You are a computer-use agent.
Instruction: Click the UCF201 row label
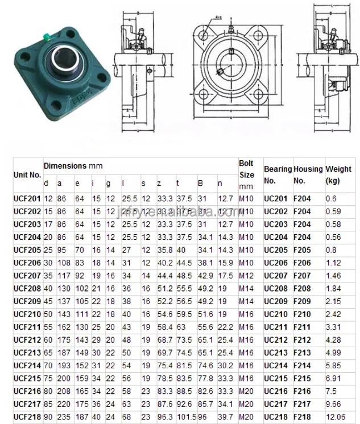click(26, 198)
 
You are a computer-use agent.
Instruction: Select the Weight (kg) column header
click(339, 174)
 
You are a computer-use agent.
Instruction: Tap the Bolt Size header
click(246, 169)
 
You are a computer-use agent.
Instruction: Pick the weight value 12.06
click(335, 416)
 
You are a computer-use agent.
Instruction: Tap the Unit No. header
click(27, 175)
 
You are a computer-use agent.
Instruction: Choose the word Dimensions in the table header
click(65, 165)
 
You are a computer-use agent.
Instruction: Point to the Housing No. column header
click(308, 174)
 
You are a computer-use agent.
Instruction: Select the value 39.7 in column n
click(225, 416)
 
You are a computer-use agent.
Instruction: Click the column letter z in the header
click(159, 184)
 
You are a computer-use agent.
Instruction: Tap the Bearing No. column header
click(277, 174)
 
